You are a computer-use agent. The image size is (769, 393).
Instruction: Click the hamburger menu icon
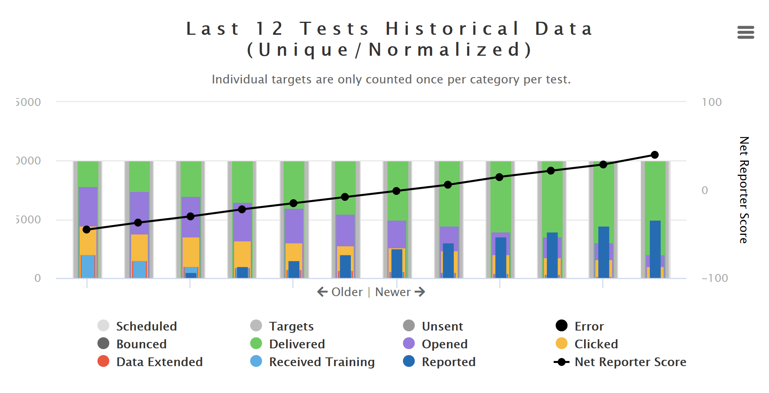point(745,32)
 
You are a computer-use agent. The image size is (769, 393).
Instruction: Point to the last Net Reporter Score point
point(655,155)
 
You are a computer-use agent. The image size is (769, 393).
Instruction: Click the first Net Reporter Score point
point(87,229)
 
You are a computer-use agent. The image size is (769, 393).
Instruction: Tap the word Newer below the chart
point(393,292)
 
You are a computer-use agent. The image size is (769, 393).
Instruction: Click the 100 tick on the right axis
point(712,102)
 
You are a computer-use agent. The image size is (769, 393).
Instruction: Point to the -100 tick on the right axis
point(714,278)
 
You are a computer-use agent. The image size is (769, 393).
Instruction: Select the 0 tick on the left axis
point(38,278)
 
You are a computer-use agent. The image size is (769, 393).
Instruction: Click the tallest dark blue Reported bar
point(655,249)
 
